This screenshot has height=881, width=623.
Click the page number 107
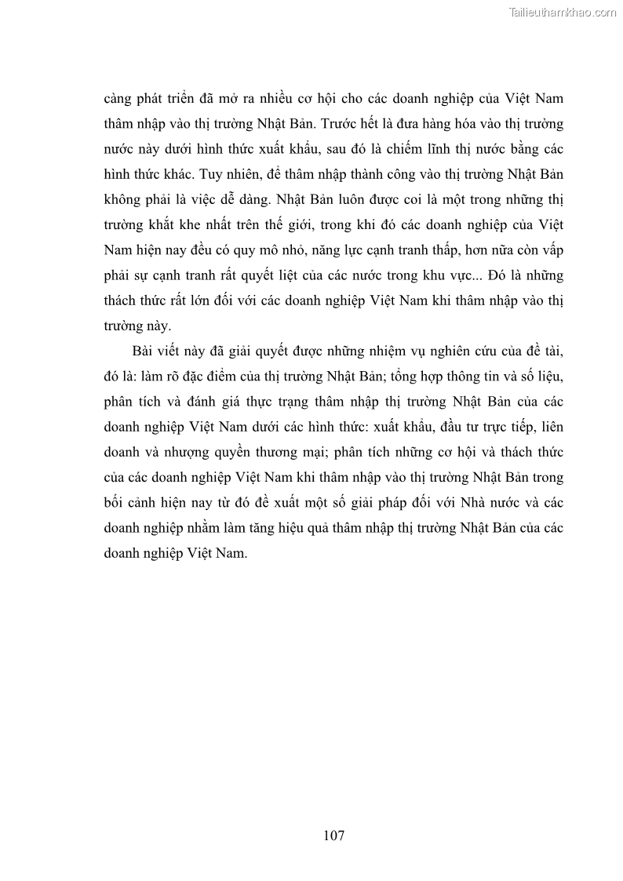333,835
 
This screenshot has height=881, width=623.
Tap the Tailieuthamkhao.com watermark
563,13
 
